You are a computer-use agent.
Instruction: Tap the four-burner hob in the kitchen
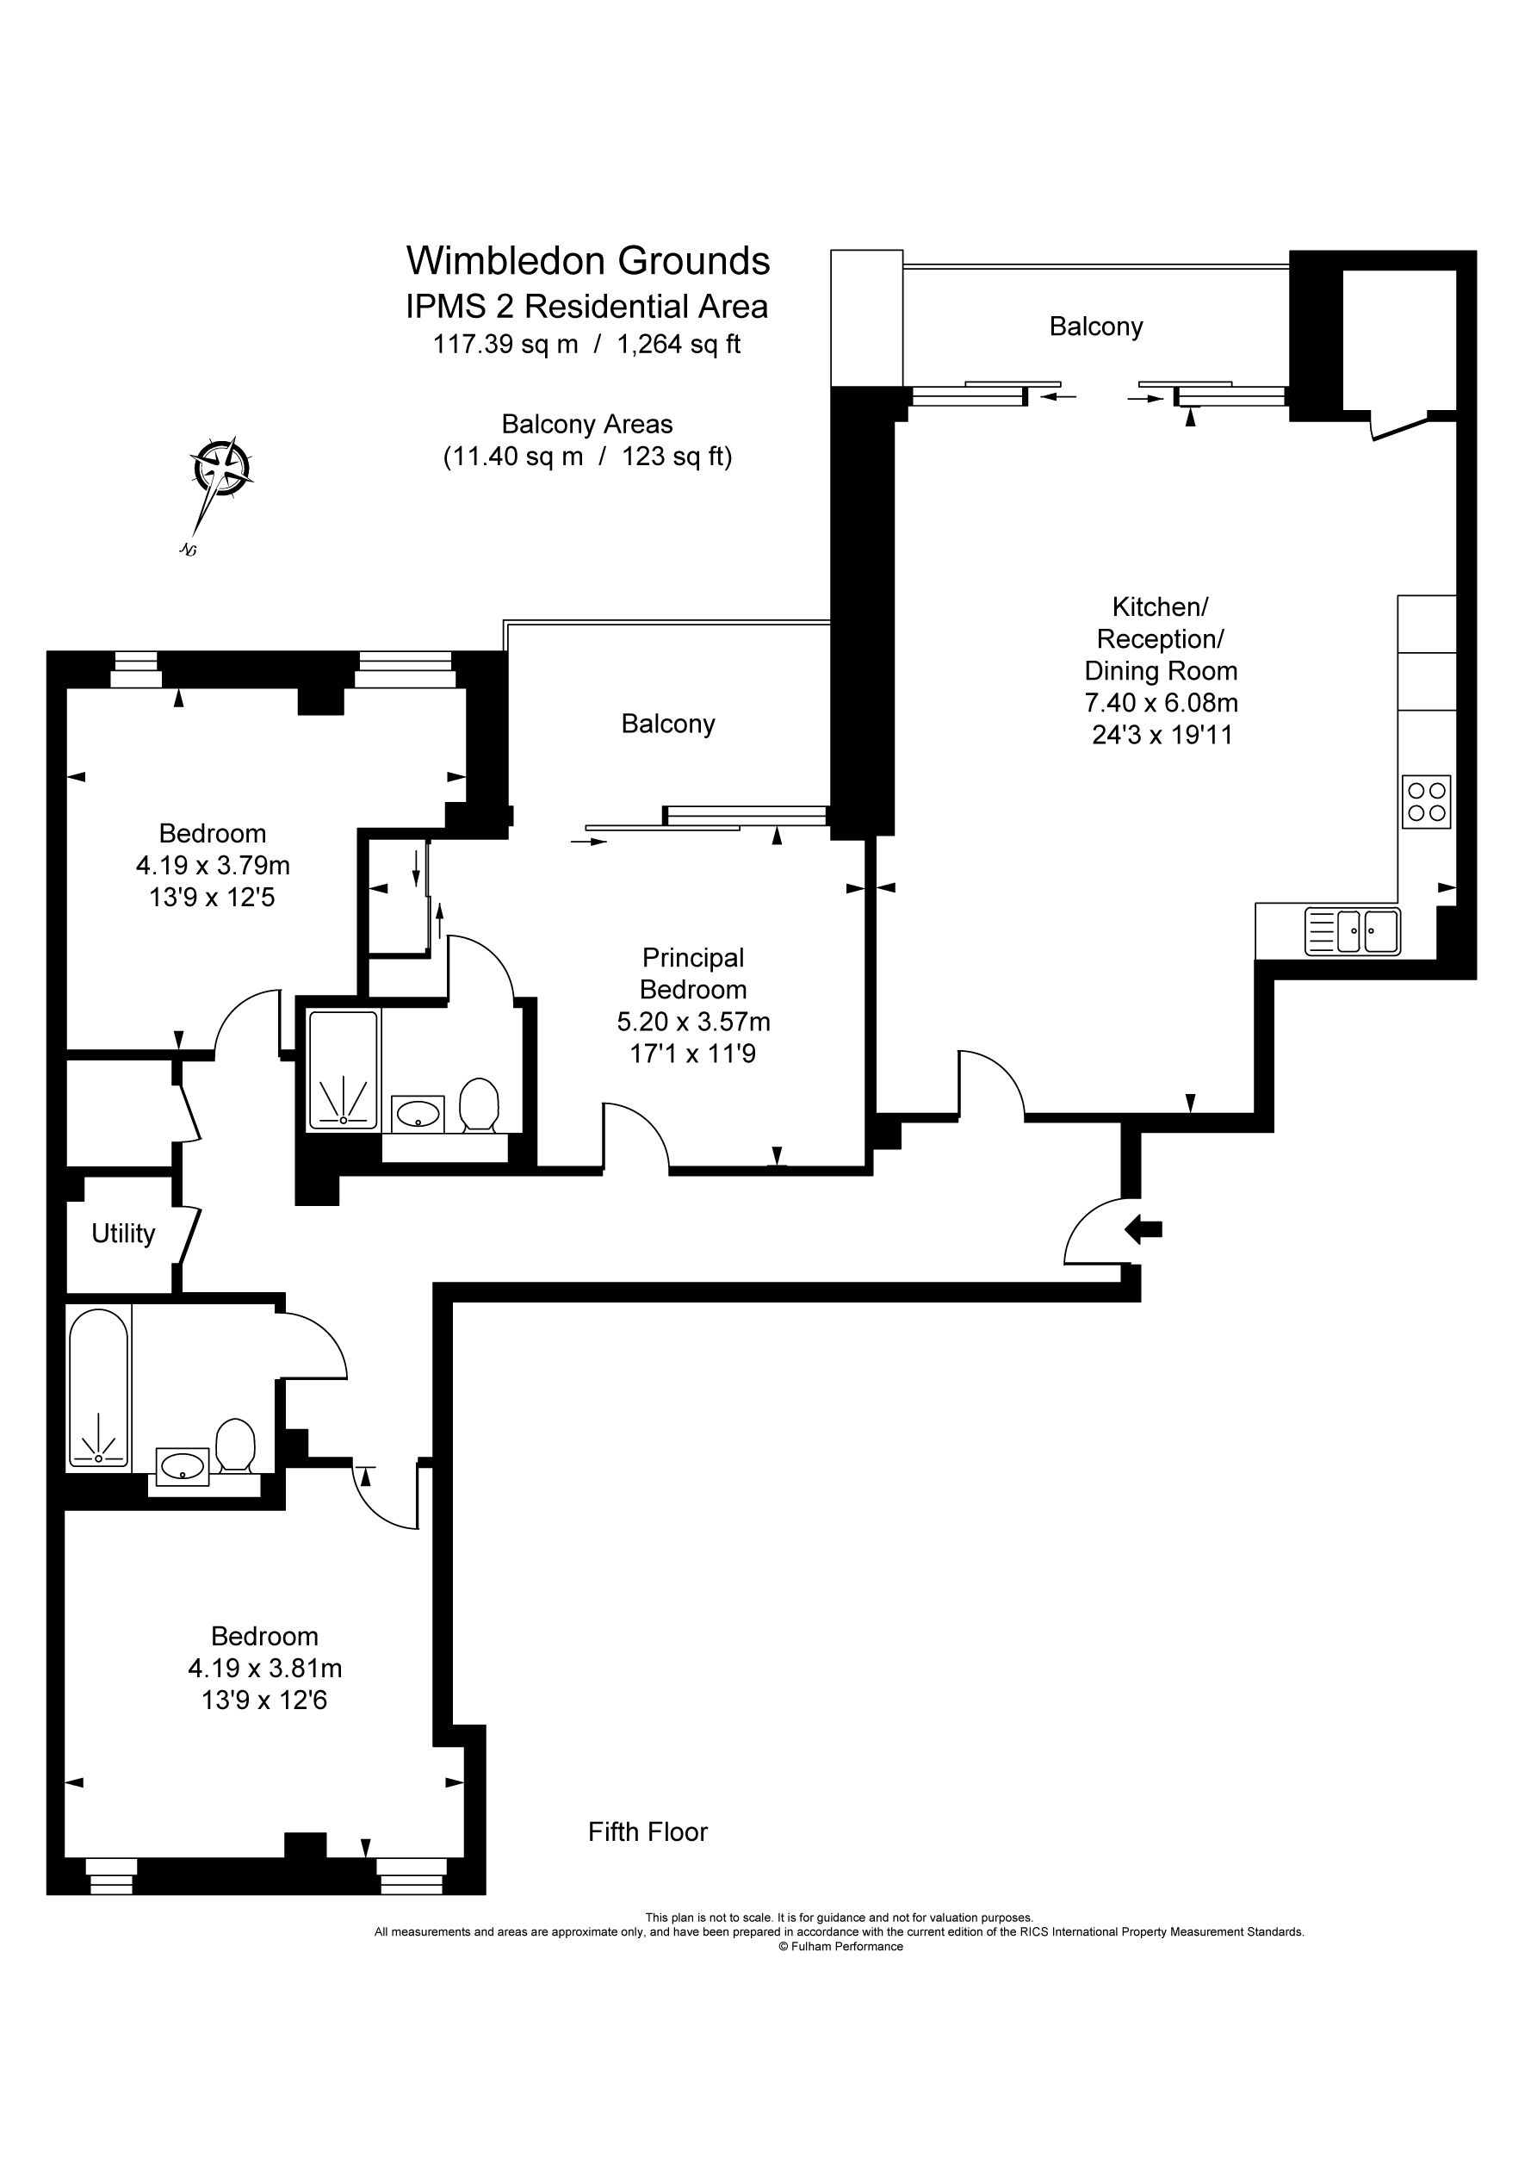coord(1426,802)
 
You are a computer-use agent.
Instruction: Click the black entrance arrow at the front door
coord(1143,1230)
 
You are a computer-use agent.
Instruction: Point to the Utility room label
coord(123,1234)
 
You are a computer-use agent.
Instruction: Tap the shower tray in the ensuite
coord(343,1070)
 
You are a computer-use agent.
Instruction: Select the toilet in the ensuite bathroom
coord(479,1104)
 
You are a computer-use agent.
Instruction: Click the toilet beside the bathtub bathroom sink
coord(235,1445)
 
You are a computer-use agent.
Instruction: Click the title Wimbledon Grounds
coord(587,261)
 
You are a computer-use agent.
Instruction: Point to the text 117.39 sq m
coord(505,344)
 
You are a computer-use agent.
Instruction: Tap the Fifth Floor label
coord(648,1832)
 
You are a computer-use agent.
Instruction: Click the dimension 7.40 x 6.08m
coord(1161,703)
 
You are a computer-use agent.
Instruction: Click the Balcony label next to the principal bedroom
coord(668,724)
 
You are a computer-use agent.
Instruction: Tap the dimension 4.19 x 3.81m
coord(264,1668)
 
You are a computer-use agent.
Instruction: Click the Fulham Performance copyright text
coord(840,1947)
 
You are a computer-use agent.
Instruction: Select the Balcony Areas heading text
coord(586,425)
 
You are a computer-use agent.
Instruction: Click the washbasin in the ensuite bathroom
coord(418,1115)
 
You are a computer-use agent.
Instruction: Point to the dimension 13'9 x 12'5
coord(213,897)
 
